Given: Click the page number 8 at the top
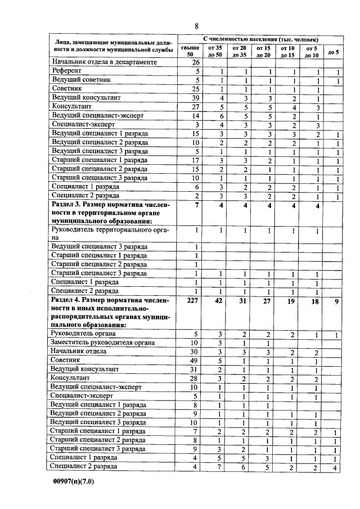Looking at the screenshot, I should [196, 26].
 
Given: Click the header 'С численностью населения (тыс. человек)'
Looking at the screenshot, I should [259, 40].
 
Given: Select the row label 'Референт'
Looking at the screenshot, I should [66, 71].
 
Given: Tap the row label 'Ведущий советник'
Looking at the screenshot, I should [81, 80].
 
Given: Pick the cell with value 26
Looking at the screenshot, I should [196, 62].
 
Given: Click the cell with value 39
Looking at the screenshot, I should [196, 98].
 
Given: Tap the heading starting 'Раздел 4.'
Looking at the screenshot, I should [110, 313].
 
